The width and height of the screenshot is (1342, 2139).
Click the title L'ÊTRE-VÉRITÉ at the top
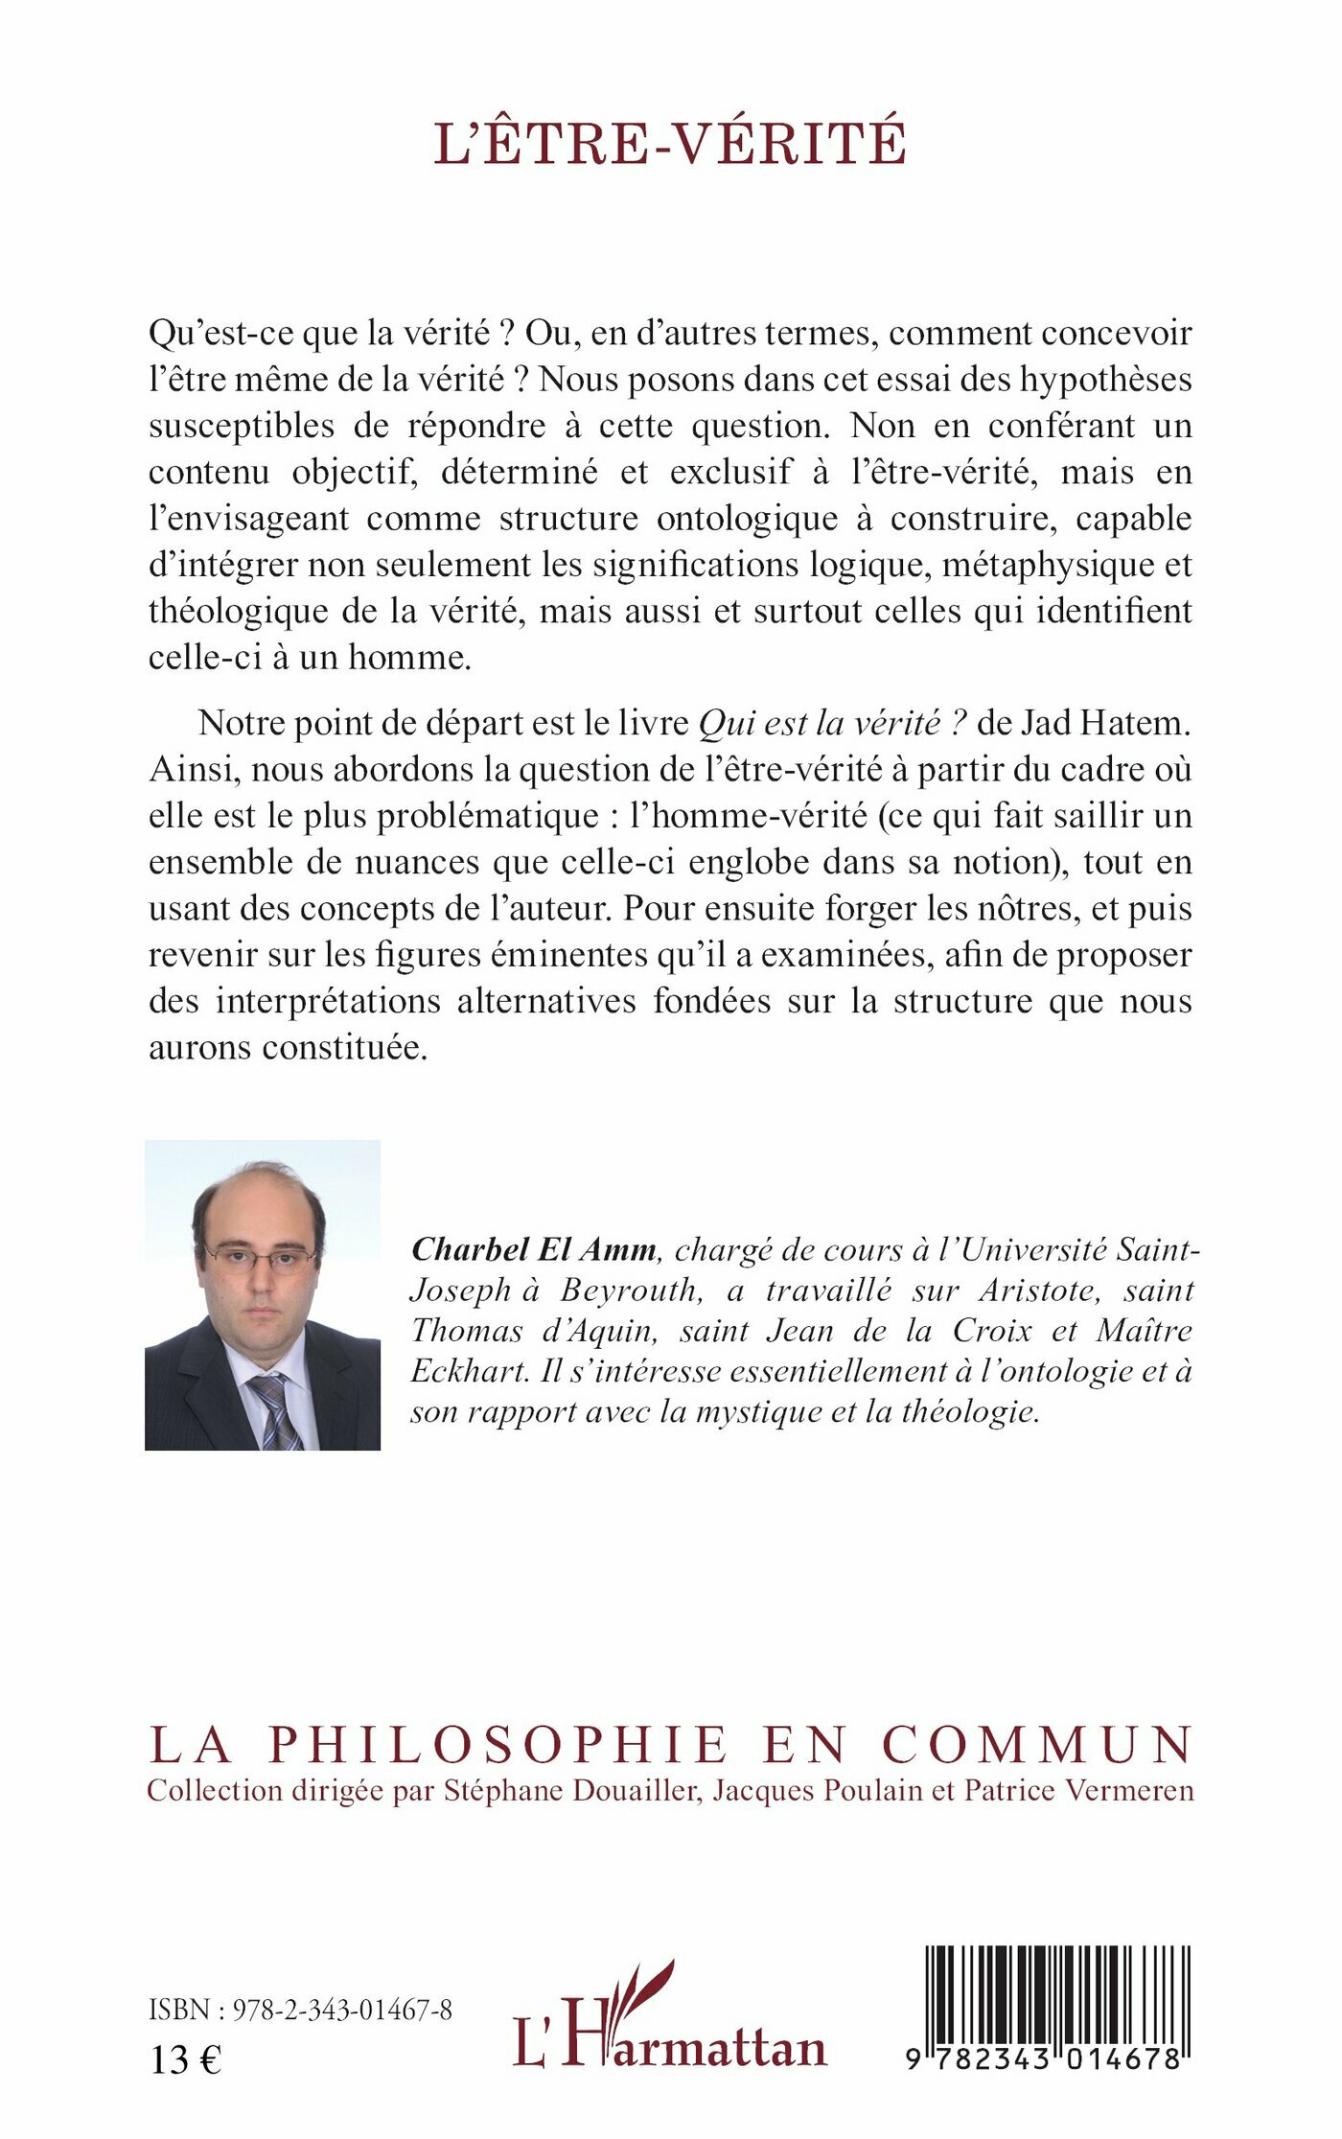tap(670, 144)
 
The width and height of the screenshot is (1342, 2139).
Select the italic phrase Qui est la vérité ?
tap(831, 723)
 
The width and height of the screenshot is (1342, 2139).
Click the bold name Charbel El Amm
tap(533, 1249)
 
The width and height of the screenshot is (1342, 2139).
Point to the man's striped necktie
tap(275, 1409)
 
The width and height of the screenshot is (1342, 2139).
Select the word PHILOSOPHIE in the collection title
tap(497, 1745)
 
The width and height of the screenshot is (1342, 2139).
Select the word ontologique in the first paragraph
tap(763, 519)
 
